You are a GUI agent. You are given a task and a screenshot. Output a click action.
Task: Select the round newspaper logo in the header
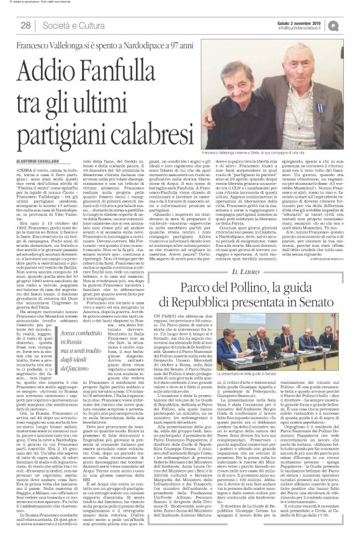pos(351,25)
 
